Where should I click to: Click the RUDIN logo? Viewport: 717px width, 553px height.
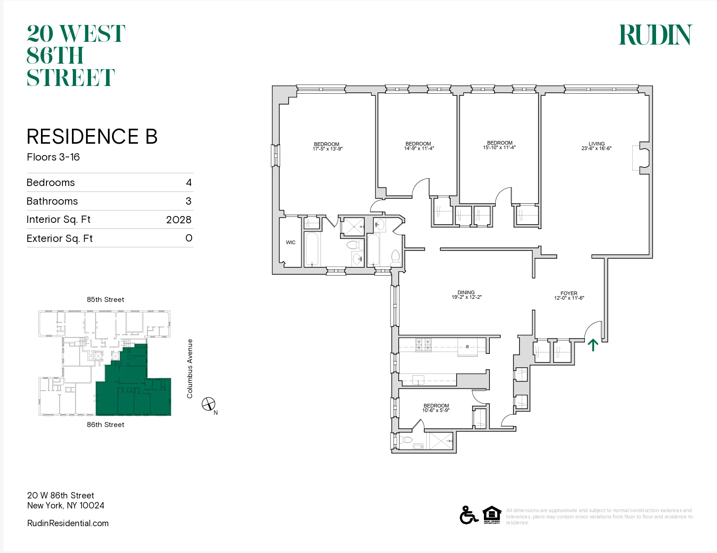pyautogui.click(x=655, y=35)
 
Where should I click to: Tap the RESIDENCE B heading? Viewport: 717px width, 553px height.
pyautogui.click(x=92, y=136)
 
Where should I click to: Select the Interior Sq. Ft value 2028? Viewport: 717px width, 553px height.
pyautogui.click(x=178, y=220)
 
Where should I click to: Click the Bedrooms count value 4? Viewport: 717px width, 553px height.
pyautogui.click(x=188, y=182)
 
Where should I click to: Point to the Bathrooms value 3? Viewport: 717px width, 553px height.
pyautogui.click(x=188, y=201)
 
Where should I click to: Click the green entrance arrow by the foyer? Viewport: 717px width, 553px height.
pyautogui.click(x=592, y=345)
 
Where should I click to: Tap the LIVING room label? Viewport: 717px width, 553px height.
pyautogui.click(x=596, y=144)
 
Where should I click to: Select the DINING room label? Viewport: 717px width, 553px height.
pyautogui.click(x=466, y=292)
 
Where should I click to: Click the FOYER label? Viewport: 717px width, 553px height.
pyautogui.click(x=569, y=293)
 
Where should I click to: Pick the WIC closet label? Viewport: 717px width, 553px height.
pyautogui.click(x=290, y=242)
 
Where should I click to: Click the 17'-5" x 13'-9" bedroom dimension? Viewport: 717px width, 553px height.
pyautogui.click(x=327, y=149)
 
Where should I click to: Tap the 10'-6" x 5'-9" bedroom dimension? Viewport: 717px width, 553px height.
pyautogui.click(x=436, y=411)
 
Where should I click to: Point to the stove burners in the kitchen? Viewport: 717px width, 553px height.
pyautogui.click(x=423, y=345)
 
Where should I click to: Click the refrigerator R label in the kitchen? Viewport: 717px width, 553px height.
pyautogui.click(x=467, y=347)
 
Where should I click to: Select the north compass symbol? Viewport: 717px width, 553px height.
pyautogui.click(x=209, y=404)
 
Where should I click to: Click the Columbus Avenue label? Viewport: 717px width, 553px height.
pyautogui.click(x=190, y=368)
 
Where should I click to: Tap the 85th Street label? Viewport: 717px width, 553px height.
pyautogui.click(x=105, y=300)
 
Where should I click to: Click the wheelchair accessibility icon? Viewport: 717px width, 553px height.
pyautogui.click(x=468, y=515)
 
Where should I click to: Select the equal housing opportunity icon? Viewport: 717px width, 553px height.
pyautogui.click(x=492, y=515)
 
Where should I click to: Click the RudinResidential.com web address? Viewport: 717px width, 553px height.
pyautogui.click(x=68, y=523)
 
